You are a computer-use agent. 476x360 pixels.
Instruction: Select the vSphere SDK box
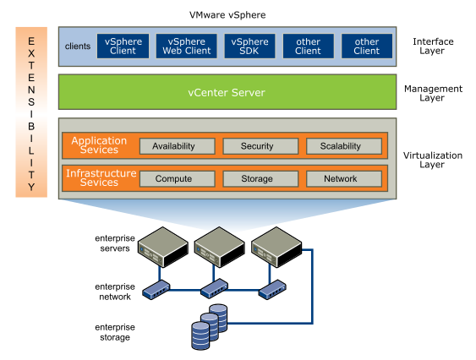point(249,46)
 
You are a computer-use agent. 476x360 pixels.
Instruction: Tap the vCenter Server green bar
point(226,92)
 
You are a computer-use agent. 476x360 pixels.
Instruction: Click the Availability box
point(173,146)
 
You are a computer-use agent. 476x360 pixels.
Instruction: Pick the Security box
point(257,146)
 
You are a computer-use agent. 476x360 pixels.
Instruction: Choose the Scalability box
point(340,146)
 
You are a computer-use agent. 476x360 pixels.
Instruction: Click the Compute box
point(173,179)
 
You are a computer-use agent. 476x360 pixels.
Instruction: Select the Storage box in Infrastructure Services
point(257,179)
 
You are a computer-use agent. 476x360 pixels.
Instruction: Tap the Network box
point(340,179)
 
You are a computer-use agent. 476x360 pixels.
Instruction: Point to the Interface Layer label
point(433,46)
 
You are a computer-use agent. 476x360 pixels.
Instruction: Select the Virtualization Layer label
point(433,161)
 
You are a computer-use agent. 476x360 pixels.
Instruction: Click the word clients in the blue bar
point(77,46)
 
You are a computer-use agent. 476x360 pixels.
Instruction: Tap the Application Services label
point(99,145)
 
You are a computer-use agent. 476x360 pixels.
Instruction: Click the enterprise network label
point(112,292)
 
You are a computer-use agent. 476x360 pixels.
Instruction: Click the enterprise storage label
point(112,332)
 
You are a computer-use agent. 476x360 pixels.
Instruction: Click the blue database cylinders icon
point(208,326)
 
